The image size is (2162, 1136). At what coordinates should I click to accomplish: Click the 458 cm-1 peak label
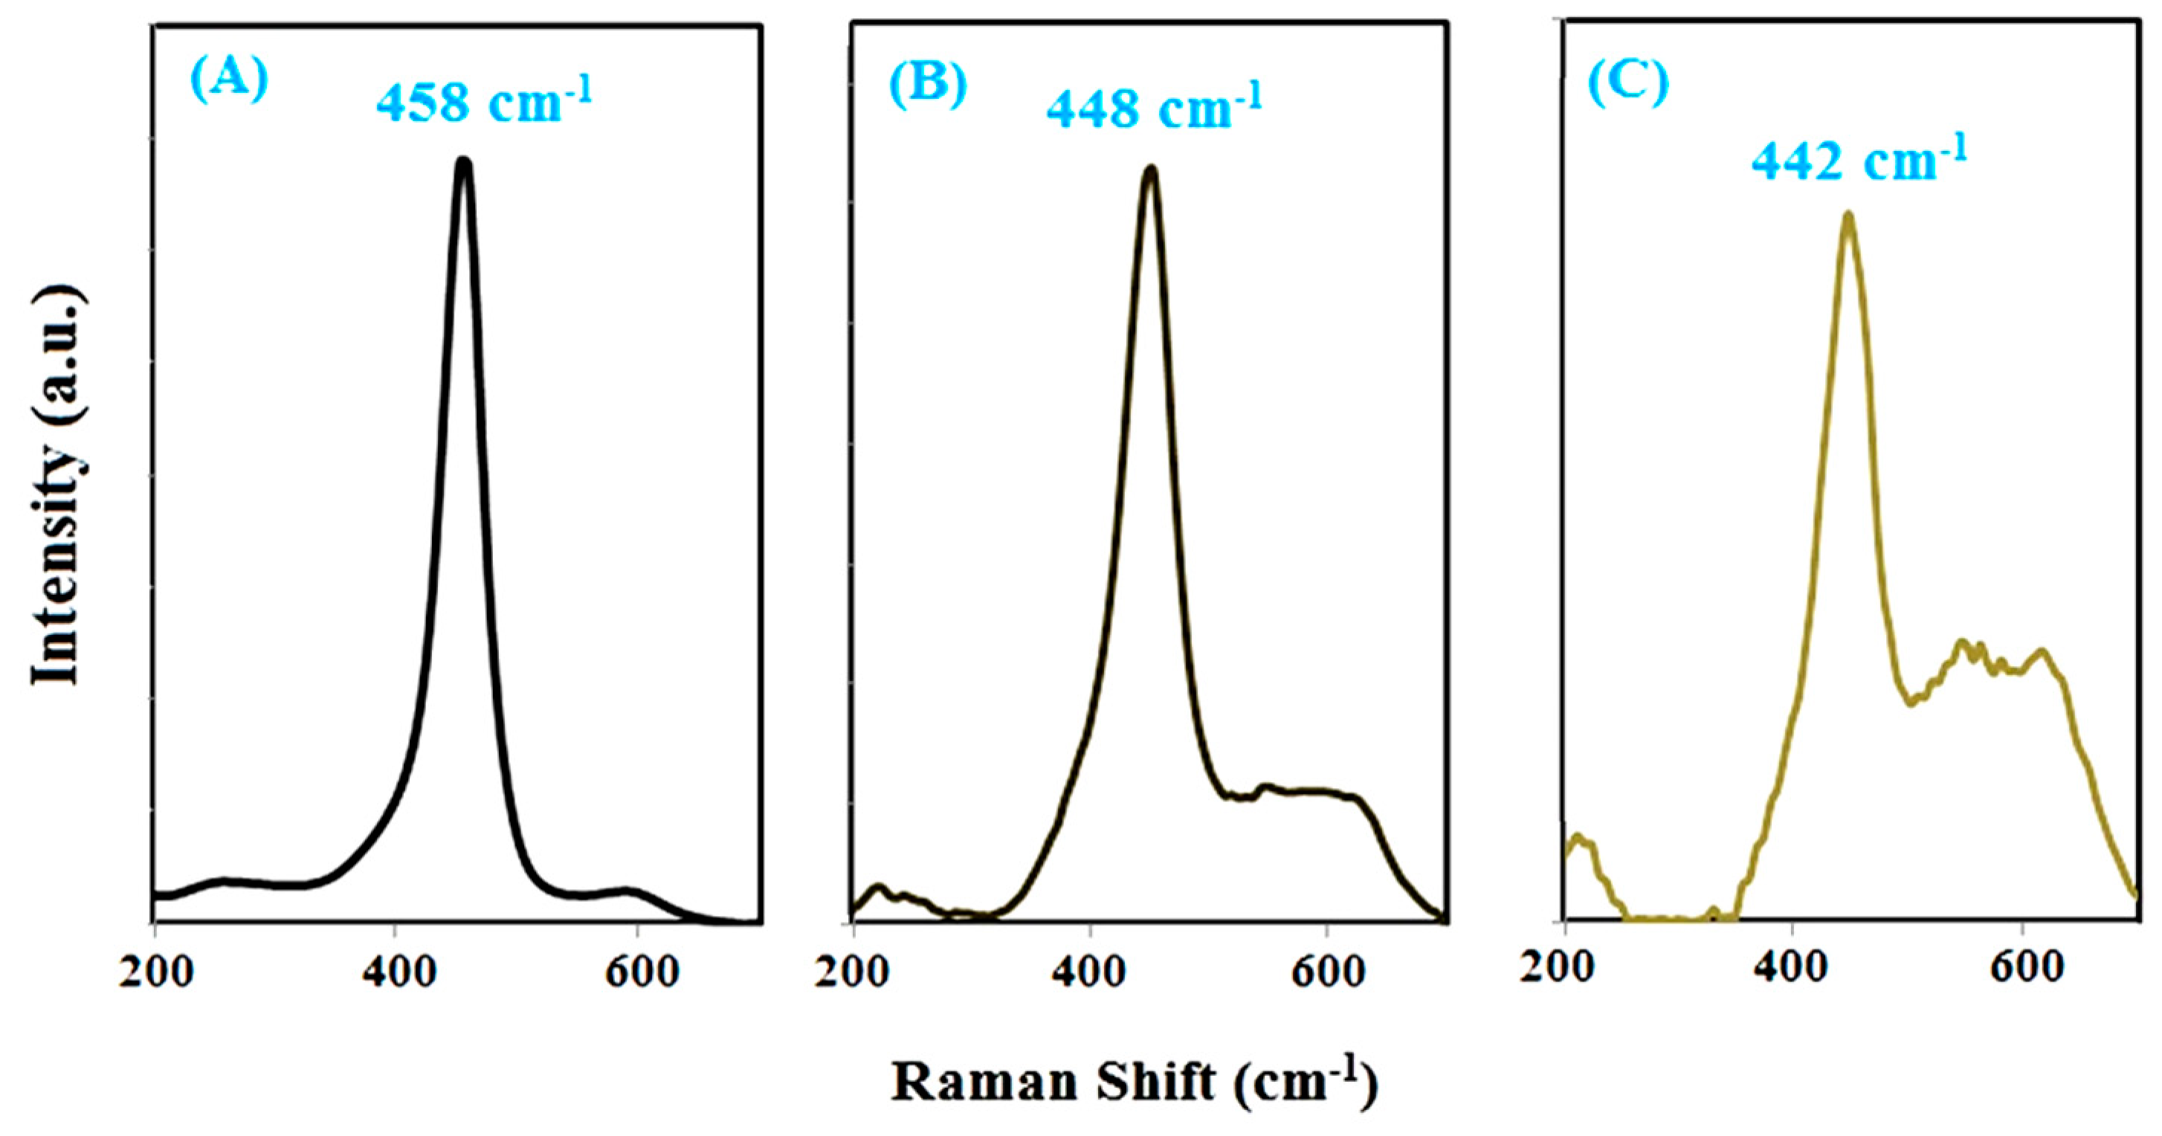pos(483,103)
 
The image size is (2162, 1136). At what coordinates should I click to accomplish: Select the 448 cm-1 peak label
pos(1153,109)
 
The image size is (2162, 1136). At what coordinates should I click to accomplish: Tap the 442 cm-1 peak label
pos(1858,162)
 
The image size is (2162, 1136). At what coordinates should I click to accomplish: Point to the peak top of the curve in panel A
pos(463,162)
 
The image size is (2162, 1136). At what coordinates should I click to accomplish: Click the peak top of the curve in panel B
pos(1151,170)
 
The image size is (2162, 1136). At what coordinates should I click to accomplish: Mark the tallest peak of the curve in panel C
pos(1848,216)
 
